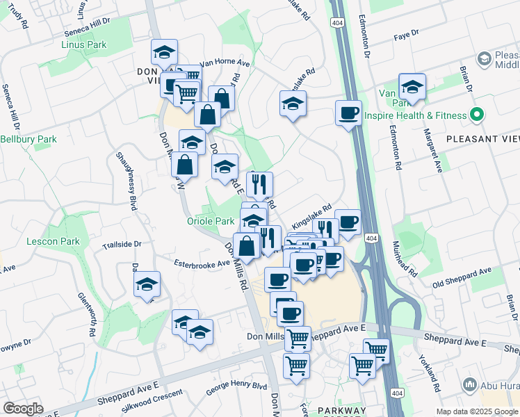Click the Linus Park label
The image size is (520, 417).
pyautogui.click(x=83, y=44)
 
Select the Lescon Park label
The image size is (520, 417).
pyautogui.click(x=53, y=241)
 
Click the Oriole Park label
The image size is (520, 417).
pyautogui.click(x=211, y=221)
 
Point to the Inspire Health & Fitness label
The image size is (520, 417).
pyautogui.click(x=416, y=116)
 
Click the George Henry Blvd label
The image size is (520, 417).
pyautogui.click(x=236, y=385)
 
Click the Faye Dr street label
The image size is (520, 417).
pyautogui.click(x=406, y=34)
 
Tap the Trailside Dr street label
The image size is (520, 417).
pyautogui.click(x=122, y=245)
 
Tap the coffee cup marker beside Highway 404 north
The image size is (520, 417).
pyautogui.click(x=348, y=112)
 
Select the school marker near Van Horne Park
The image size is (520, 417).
pyautogui.click(x=412, y=86)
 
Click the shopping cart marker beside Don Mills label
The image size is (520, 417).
pyautogui.click(x=298, y=338)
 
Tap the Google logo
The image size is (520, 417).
pyautogui.click(x=23, y=409)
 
